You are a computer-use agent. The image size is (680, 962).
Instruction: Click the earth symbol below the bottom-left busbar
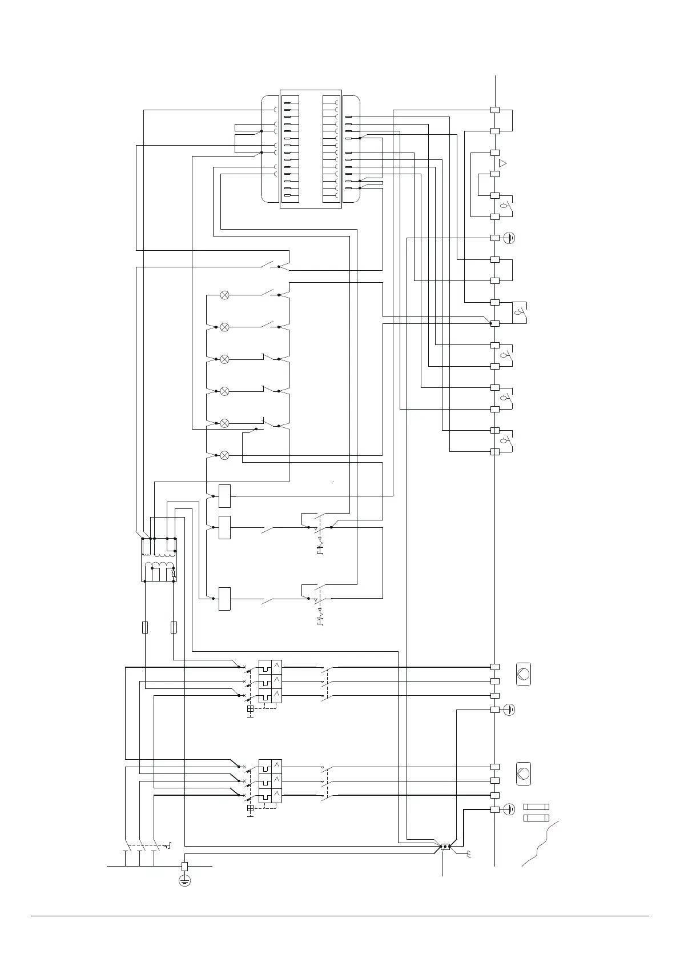point(184,880)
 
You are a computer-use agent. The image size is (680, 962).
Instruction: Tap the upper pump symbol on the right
point(523,674)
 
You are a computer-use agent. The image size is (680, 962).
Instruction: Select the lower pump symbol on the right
point(523,773)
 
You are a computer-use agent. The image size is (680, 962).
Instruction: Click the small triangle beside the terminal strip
point(503,163)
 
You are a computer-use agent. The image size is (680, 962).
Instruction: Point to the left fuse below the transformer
point(145,627)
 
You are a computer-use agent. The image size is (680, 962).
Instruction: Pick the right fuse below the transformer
point(174,627)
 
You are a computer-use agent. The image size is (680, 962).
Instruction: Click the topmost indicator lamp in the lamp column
point(225,295)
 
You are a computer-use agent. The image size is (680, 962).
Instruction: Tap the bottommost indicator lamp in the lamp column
point(225,455)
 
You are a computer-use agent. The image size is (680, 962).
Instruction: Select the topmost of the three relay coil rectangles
point(224,496)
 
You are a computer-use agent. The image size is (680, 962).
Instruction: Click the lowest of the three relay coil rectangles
point(224,599)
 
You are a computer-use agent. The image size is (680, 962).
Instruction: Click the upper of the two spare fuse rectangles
point(537,807)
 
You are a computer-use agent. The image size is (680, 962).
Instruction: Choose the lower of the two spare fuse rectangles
point(537,818)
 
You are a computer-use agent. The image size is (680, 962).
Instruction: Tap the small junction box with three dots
point(445,847)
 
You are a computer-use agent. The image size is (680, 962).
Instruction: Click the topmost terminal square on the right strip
point(495,110)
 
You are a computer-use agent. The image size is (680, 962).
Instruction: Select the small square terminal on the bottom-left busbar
point(184,866)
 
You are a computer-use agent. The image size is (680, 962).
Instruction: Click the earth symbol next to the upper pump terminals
point(510,710)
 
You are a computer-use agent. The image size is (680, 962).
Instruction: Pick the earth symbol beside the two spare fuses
point(510,809)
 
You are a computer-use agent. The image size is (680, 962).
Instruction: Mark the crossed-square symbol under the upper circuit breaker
point(250,709)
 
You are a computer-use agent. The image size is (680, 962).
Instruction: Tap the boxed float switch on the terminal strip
point(520,312)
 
